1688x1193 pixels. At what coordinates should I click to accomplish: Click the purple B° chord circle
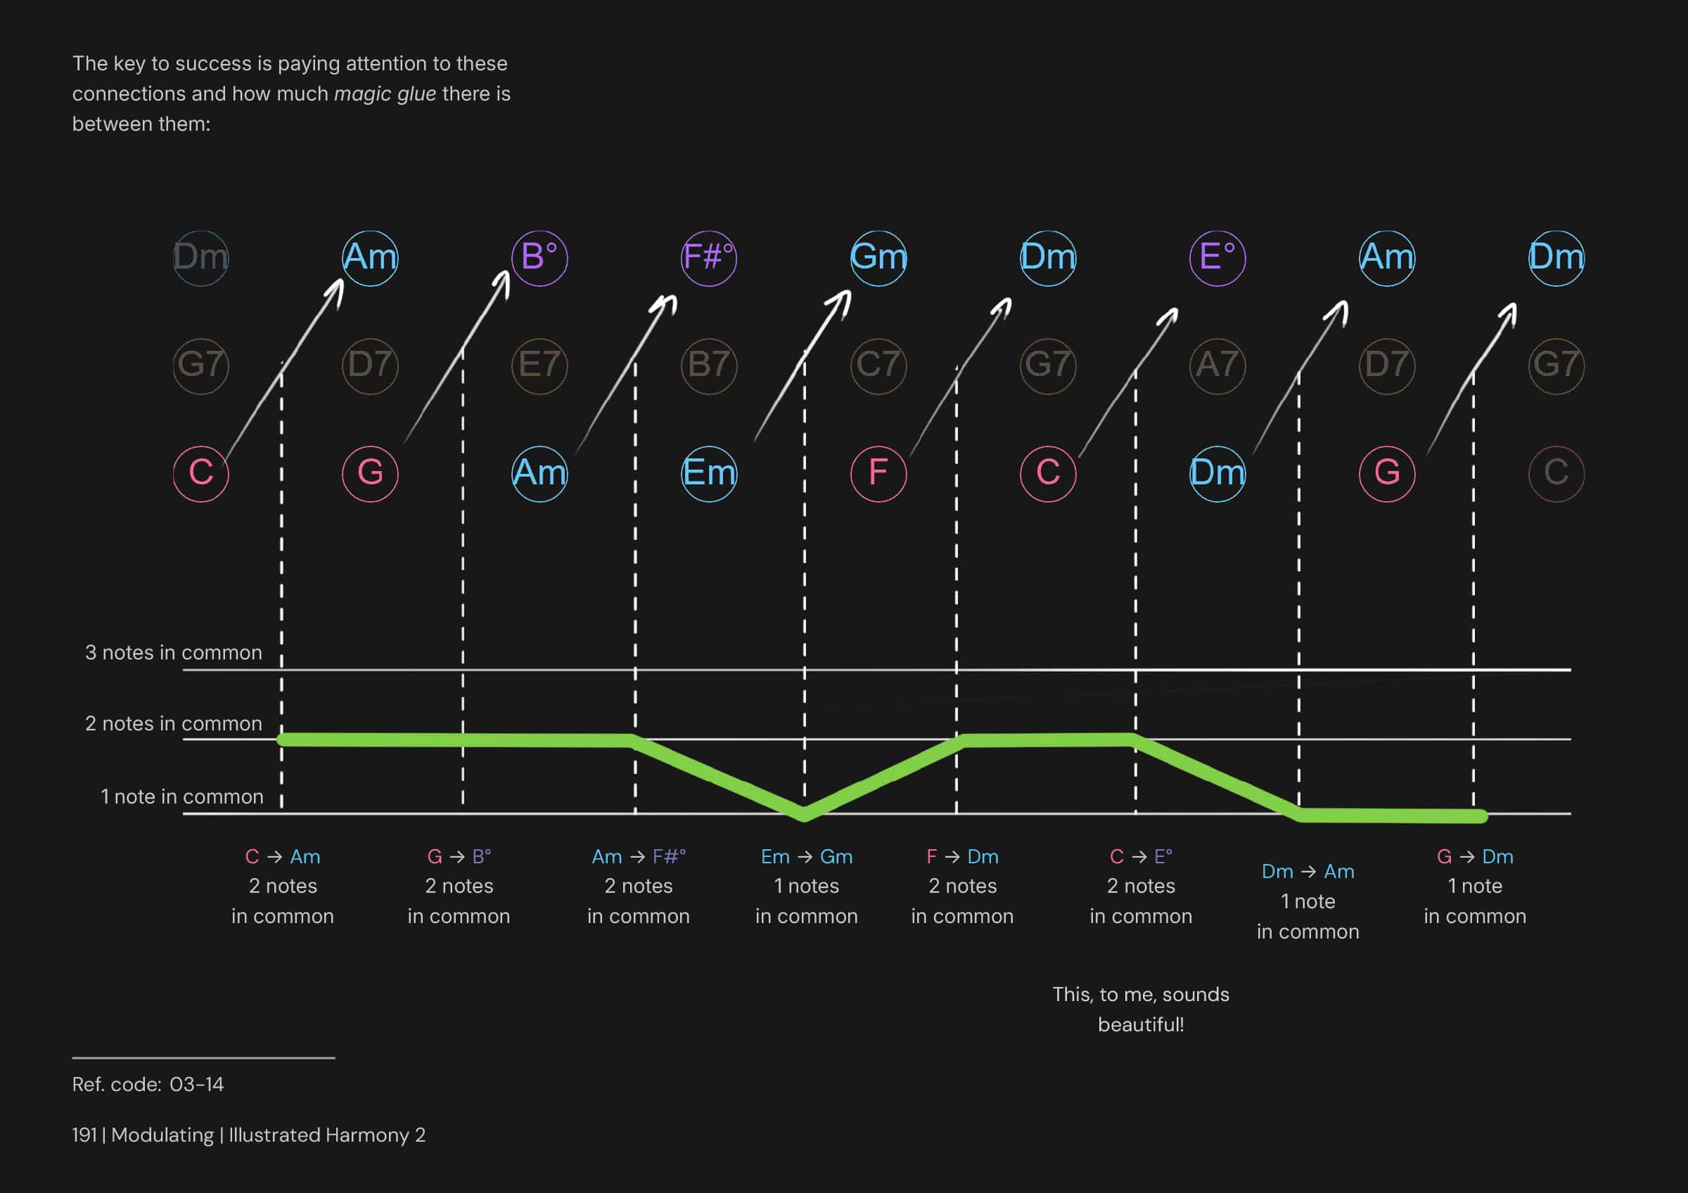coord(539,258)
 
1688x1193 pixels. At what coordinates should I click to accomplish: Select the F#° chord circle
coord(709,258)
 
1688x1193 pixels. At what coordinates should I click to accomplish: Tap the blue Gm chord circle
coord(878,258)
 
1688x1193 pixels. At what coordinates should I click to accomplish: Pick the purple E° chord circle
coord(1217,258)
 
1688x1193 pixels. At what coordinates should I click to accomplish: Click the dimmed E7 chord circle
coord(539,366)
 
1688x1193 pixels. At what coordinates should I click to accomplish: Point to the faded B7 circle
coord(709,366)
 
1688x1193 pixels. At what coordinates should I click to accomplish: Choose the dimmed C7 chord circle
coord(878,366)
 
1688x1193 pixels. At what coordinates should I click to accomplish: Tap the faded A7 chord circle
coord(1217,366)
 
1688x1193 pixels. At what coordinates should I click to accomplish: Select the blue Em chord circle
coord(709,473)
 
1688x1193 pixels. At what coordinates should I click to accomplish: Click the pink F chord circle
coord(878,473)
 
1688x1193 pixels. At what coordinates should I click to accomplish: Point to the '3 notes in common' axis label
coord(174,652)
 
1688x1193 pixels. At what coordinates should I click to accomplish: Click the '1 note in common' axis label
coord(181,797)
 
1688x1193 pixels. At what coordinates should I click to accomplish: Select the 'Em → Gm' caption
coord(807,857)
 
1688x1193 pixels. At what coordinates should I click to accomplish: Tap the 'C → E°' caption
coord(1140,857)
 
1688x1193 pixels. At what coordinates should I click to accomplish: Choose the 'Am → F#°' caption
coord(638,857)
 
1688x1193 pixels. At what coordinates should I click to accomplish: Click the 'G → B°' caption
coord(459,857)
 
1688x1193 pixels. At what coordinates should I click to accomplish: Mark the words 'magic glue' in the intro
coord(385,94)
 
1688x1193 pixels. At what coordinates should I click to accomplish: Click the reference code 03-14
coord(196,1085)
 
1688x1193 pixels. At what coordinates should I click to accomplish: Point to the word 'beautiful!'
coord(1140,1025)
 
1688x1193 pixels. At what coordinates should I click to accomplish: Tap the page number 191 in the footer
coord(84,1135)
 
